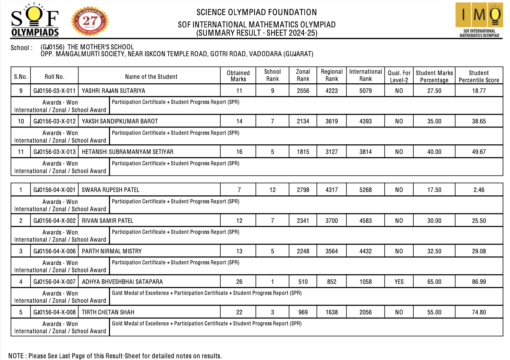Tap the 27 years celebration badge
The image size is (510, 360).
coord(90,21)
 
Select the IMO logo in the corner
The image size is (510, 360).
coord(479,20)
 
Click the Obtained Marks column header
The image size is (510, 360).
coord(238,76)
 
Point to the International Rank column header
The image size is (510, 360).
coord(365,75)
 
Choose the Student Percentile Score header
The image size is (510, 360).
coord(479,76)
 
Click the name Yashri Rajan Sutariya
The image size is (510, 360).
coord(113,91)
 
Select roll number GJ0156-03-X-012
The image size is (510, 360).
coord(54,121)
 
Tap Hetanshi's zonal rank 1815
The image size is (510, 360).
coord(303,152)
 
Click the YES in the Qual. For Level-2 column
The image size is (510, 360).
coord(399,282)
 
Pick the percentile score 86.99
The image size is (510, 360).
coord(479,282)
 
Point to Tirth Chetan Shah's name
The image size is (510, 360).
coord(108,312)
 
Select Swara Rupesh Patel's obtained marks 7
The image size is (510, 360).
coord(239,190)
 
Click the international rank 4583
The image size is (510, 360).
coord(365,221)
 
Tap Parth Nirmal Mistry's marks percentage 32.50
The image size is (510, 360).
coord(434,251)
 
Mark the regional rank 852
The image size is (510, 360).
coord(331,282)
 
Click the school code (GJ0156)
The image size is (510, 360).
coord(52,47)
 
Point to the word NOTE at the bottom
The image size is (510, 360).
coord(16,356)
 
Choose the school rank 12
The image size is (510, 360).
coord(272,190)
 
